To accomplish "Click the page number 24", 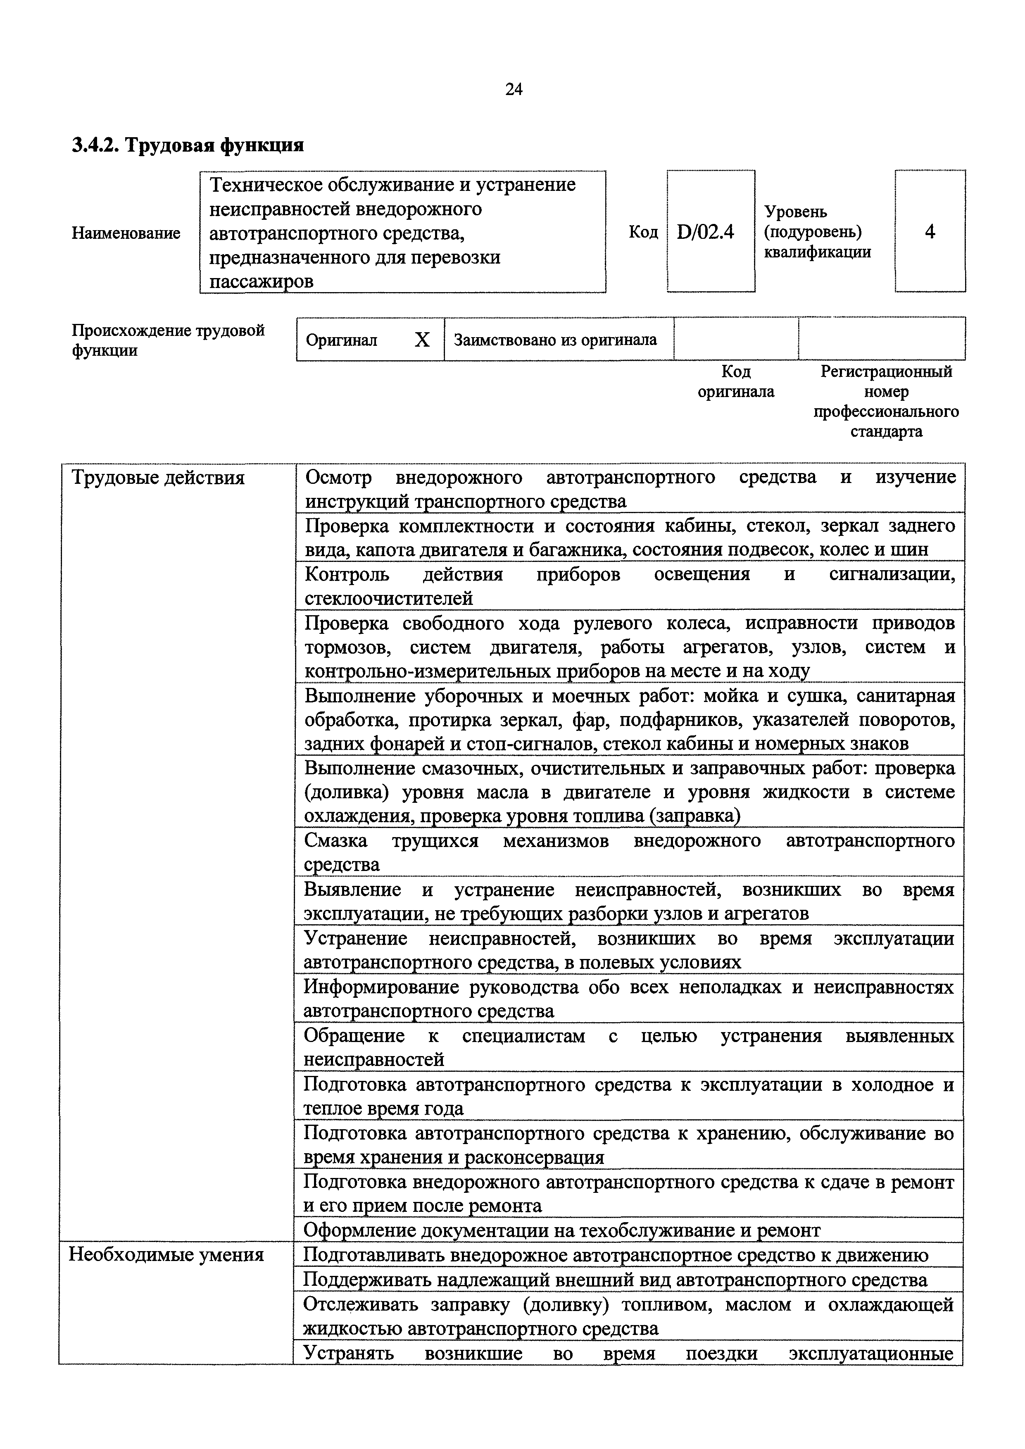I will click(x=514, y=90).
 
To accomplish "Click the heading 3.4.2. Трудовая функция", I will click(x=188, y=145).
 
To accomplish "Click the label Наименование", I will click(x=126, y=233).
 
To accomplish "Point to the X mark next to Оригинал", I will click(x=422, y=340).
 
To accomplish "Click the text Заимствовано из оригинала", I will click(x=555, y=340).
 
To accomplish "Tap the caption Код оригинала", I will click(x=735, y=381).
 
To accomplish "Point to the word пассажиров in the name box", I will click(x=261, y=281).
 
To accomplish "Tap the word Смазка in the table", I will click(x=335, y=841).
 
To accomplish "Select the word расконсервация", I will click(x=534, y=1157).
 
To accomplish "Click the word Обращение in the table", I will click(x=354, y=1036).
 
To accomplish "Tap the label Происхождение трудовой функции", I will click(x=167, y=340).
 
